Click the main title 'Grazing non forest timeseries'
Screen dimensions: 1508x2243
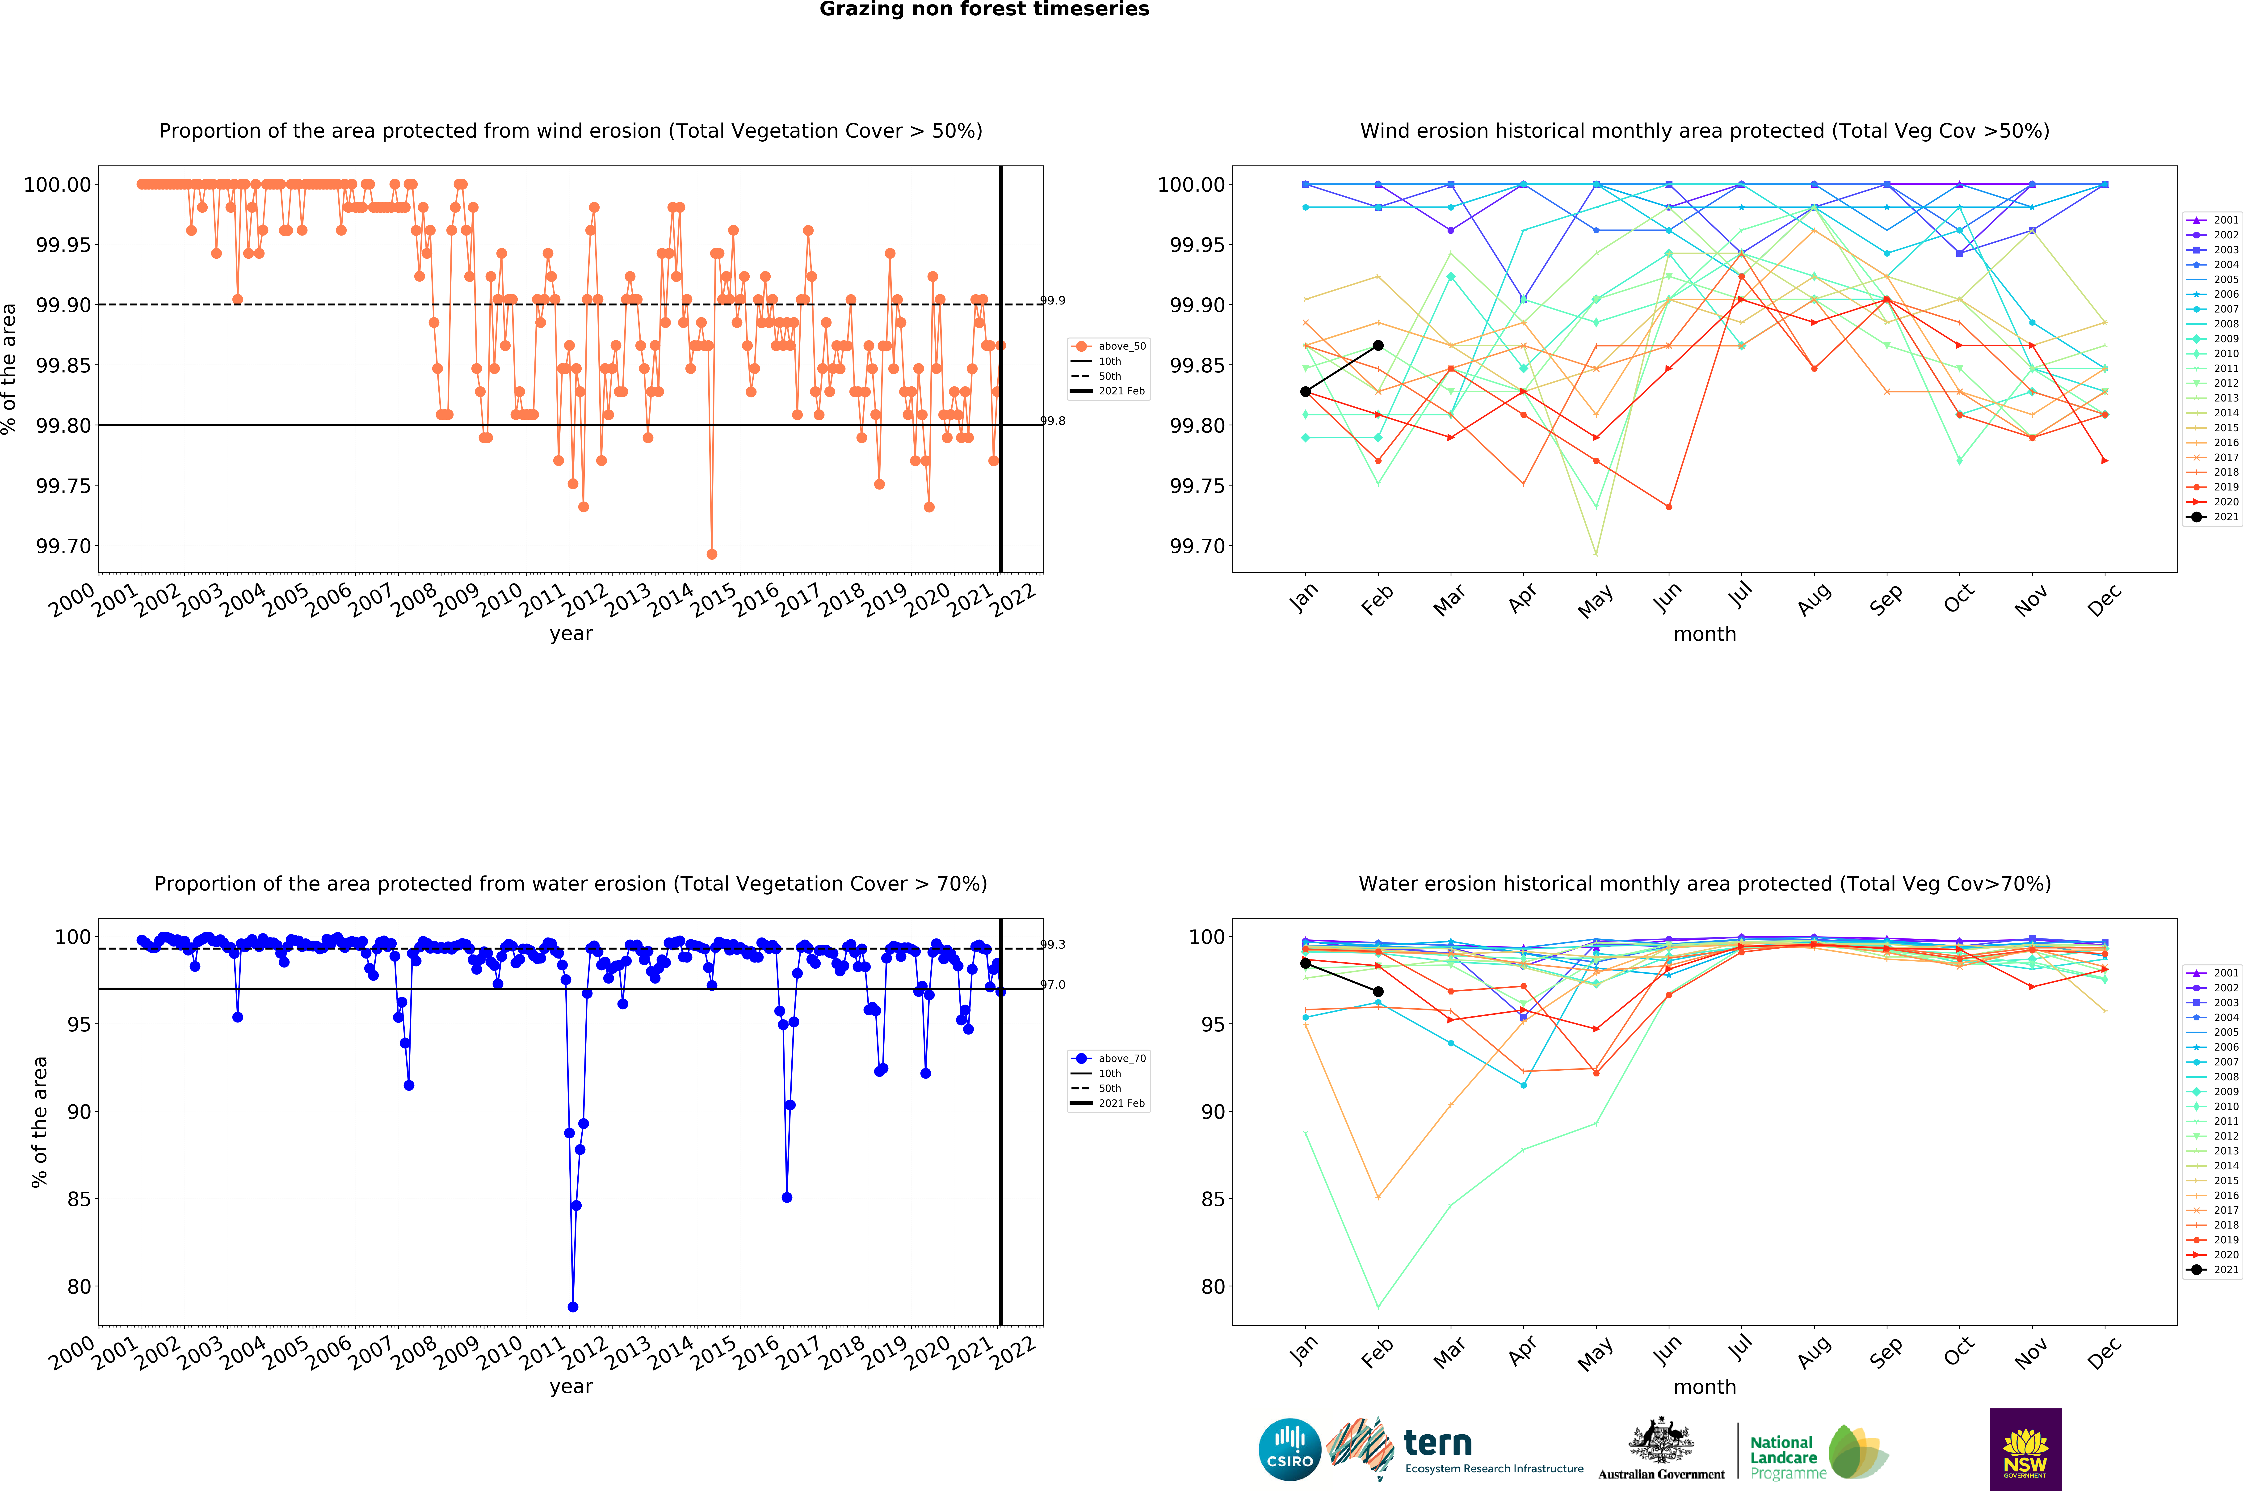click(983, 10)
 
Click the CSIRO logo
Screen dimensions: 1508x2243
click(1289, 1449)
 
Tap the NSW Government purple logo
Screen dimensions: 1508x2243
click(2025, 1449)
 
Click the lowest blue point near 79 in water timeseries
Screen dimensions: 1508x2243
click(573, 1307)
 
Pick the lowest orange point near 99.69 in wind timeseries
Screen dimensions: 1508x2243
click(711, 554)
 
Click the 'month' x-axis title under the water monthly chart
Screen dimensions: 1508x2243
click(1705, 1387)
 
